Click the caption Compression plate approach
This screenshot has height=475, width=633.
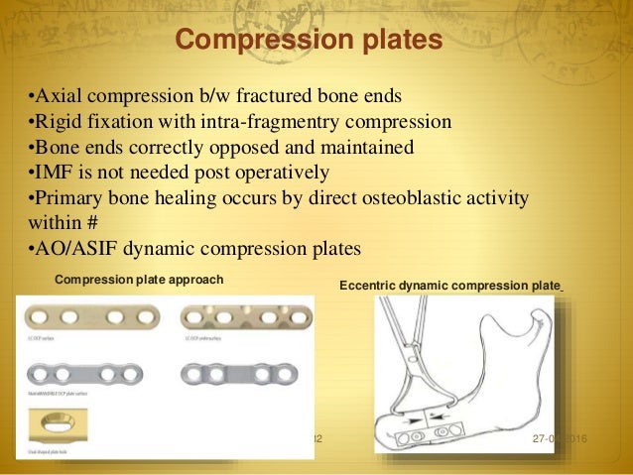click(x=138, y=280)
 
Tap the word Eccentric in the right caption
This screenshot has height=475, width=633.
click(x=368, y=286)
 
